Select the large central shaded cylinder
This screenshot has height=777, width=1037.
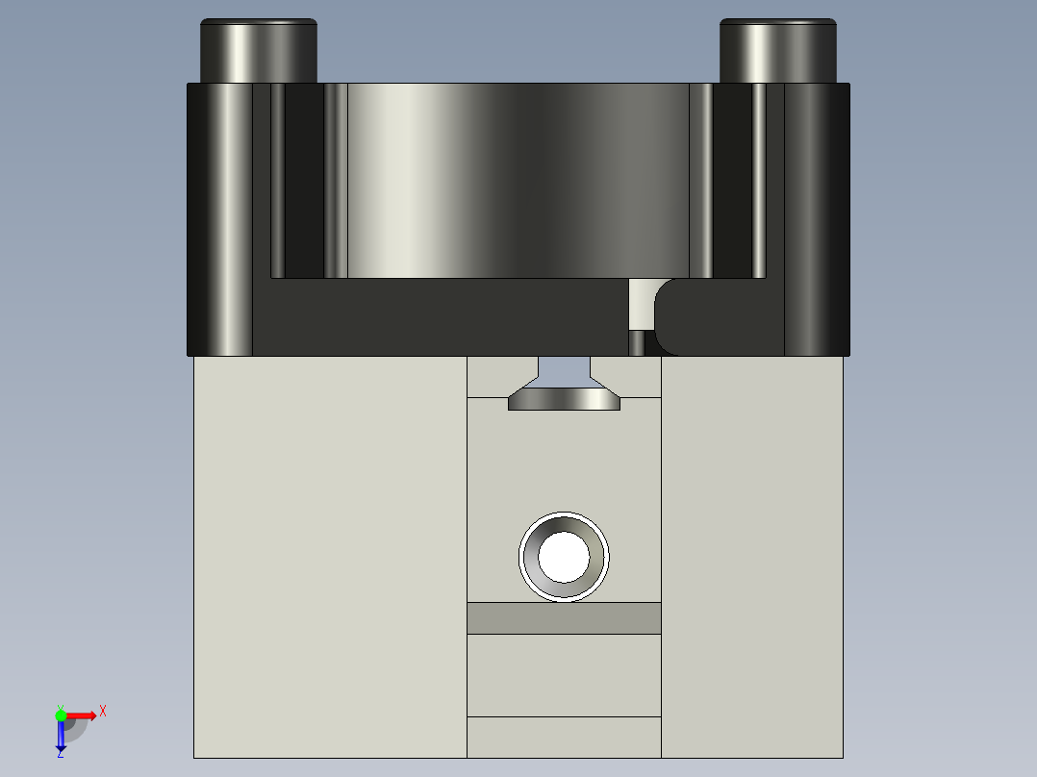tap(517, 181)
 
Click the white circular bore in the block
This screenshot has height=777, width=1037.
tap(564, 557)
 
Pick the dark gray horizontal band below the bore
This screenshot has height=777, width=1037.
tap(564, 618)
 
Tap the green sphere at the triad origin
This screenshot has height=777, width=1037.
tap(61, 714)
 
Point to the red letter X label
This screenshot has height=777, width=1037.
tap(102, 712)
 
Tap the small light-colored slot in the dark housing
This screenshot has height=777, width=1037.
tap(639, 305)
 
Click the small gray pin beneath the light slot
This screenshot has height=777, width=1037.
tap(637, 342)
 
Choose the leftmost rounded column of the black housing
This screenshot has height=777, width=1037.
tap(220, 219)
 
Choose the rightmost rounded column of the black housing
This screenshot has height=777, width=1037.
tap(817, 219)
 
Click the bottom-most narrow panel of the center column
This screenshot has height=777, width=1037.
tap(564, 737)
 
